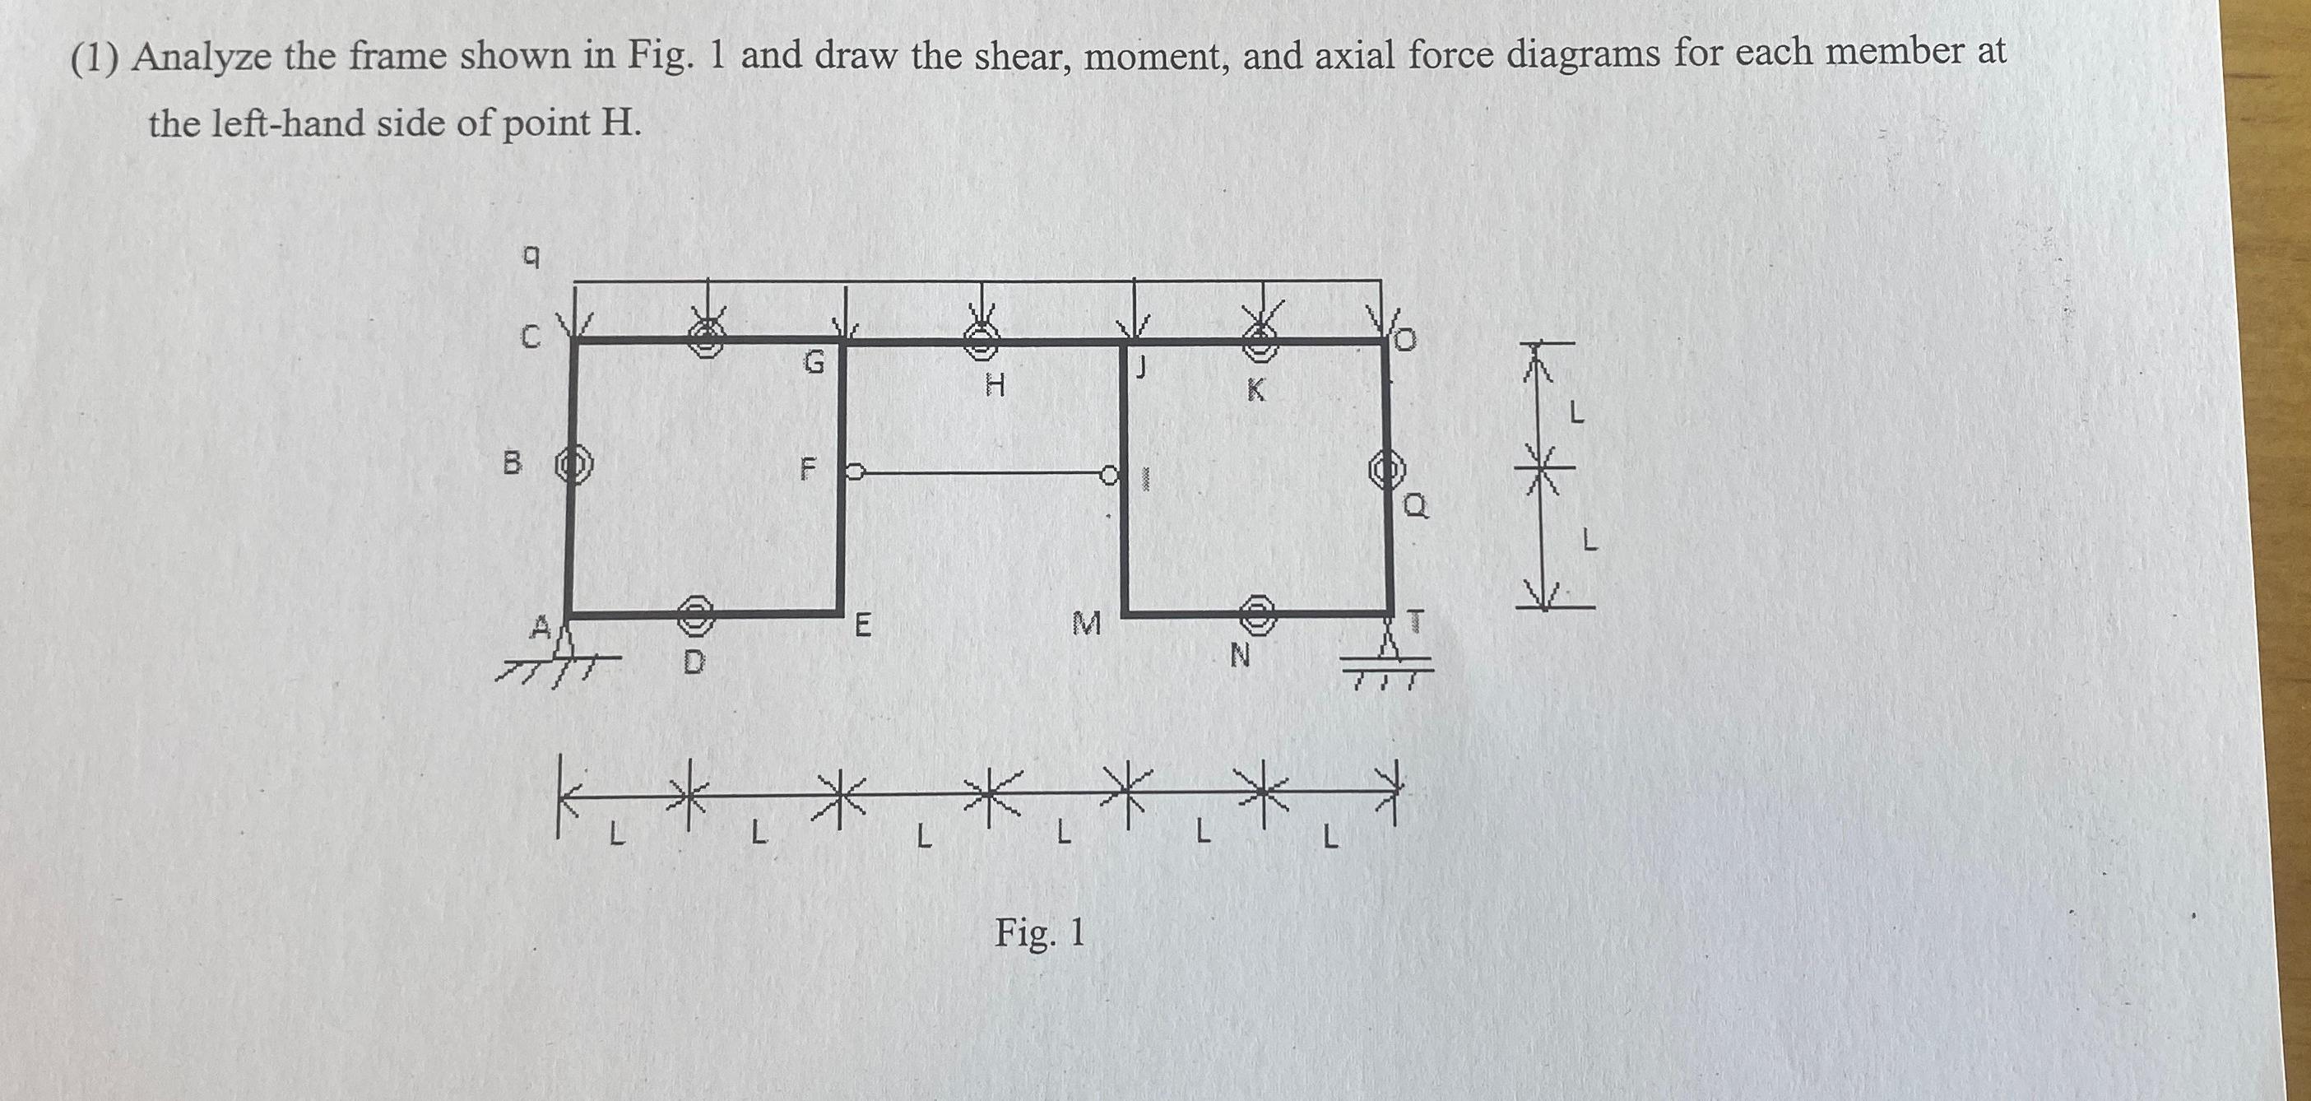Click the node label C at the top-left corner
[x=531, y=337]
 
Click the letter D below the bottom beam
[x=694, y=663]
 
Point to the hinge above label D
[x=695, y=614]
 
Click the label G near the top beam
[x=813, y=363]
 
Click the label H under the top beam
[x=995, y=387]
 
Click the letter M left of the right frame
[x=1087, y=623]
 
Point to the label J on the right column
[x=1142, y=367]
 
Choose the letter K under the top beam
[x=1256, y=390]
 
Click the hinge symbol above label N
[x=1258, y=611]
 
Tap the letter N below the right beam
[x=1239, y=657]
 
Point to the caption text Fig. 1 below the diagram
[x=1039, y=933]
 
